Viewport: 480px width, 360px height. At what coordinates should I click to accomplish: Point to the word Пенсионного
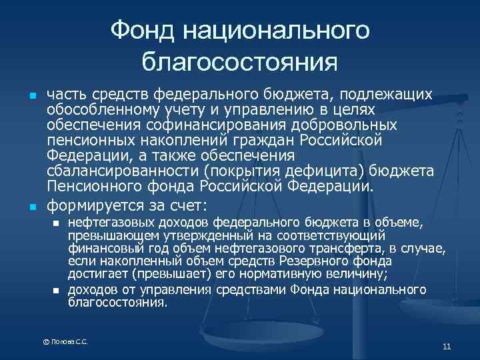pyautogui.click(x=93, y=186)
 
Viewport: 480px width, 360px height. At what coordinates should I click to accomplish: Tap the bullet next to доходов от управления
pyautogui.click(x=56, y=289)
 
